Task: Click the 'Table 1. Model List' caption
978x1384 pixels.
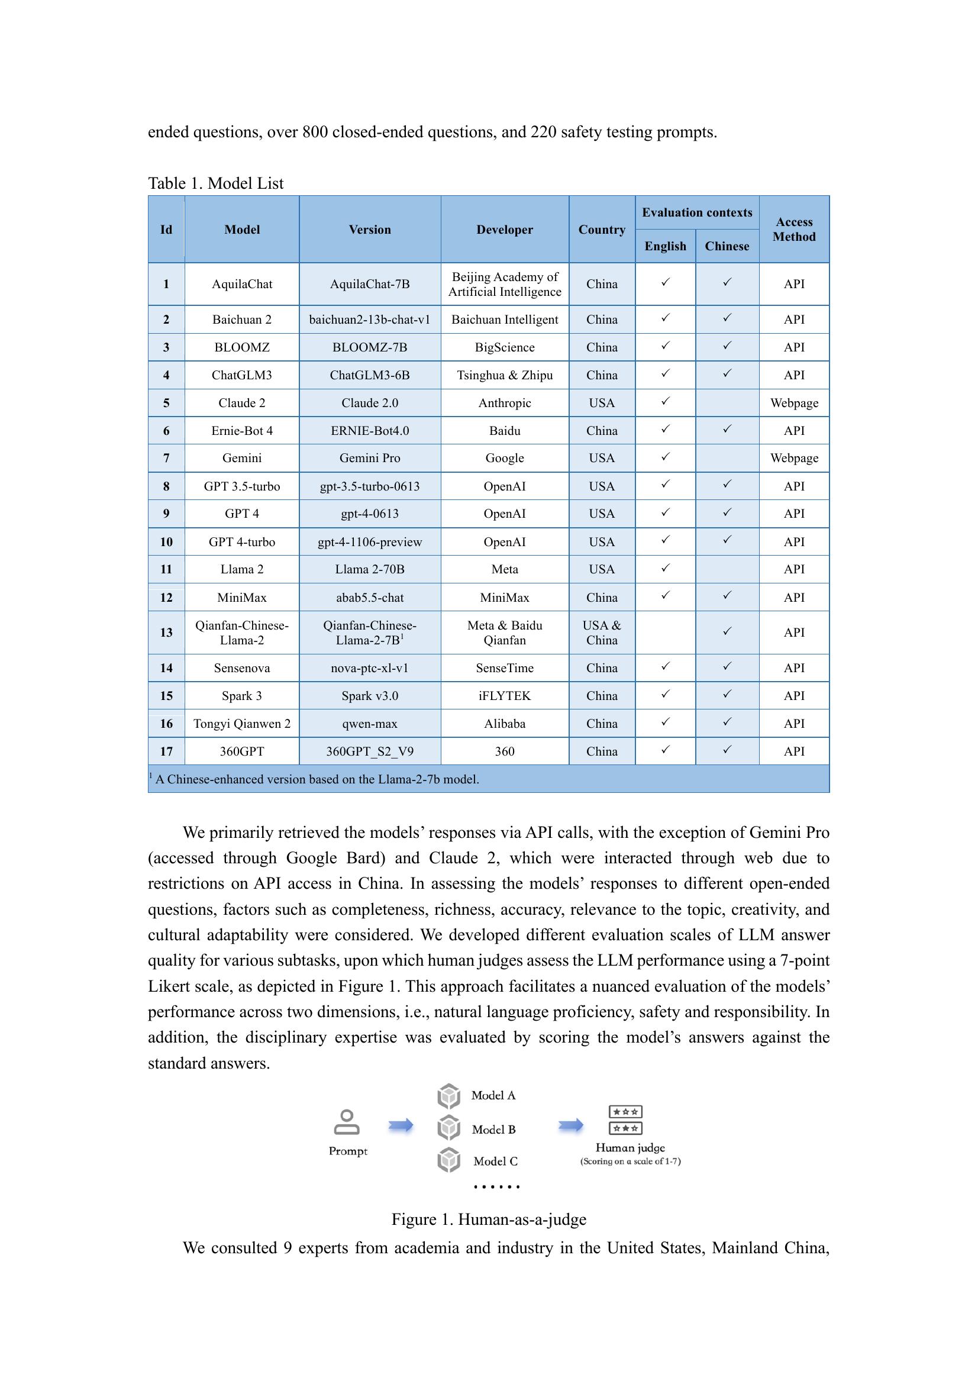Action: click(215, 183)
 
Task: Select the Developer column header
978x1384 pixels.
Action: click(504, 230)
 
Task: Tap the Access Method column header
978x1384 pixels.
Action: click(793, 230)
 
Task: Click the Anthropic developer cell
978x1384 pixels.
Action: click(504, 403)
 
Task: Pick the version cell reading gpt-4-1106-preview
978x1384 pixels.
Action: click(369, 542)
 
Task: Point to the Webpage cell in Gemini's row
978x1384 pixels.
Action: click(793, 458)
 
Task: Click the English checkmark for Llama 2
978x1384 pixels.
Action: click(665, 568)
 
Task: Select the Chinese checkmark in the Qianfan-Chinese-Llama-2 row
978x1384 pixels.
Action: click(727, 631)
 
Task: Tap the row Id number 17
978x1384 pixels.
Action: click(166, 751)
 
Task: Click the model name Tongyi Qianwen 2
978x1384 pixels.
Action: click(241, 723)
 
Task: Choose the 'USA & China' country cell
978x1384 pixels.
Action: click(601, 633)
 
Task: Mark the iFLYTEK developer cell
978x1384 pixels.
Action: click(504, 696)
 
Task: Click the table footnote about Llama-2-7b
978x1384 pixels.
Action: click(317, 779)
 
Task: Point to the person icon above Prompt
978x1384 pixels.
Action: click(347, 1122)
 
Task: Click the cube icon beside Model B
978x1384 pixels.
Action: click(449, 1127)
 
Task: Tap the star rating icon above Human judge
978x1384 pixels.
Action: click(625, 1120)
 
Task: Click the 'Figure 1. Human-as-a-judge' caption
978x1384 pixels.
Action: click(489, 1220)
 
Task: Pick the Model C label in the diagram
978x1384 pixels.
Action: click(495, 1161)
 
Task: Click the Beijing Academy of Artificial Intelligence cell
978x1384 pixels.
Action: click(504, 284)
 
